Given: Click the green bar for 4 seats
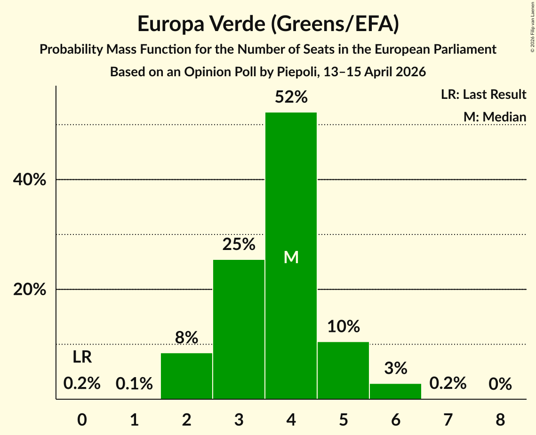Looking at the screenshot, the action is coord(291,256).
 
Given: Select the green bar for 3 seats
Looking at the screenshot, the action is coord(239,330).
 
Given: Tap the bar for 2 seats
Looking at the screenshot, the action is coord(186,376).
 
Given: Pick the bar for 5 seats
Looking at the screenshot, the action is coord(343,371).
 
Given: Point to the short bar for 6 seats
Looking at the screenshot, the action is coord(395,391).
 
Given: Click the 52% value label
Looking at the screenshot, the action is coord(291,97).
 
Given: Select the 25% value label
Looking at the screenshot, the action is coord(239,244).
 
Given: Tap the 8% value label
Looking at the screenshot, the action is coord(187,337).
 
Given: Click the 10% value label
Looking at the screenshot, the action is coord(344,326).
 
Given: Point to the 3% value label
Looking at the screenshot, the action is coord(396,368).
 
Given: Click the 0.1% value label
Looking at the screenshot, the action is coord(134,383).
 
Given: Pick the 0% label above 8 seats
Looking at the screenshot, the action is coord(500,384).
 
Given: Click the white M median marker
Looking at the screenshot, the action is coord(291,257).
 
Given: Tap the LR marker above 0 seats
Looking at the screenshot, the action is coord(82,357).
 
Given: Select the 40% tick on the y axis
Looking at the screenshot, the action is coord(30,179).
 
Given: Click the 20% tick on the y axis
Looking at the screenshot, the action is coord(30,290).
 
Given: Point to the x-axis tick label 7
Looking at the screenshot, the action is coord(448,419).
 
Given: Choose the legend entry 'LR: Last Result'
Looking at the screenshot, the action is coord(483,94).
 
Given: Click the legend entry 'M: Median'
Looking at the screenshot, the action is coord(495,117).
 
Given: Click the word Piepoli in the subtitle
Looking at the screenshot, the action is coord(296,72).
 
